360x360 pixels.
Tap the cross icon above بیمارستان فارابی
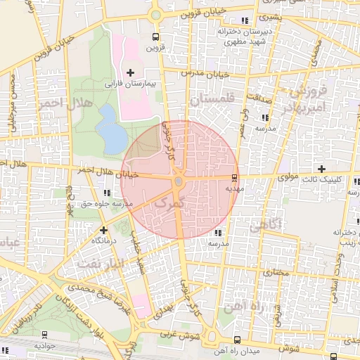coord(130,72)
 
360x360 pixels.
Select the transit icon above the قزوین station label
coord(155,37)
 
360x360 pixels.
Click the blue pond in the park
coord(110,127)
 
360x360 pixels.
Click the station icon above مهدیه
coord(234,178)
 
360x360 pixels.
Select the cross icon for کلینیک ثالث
coord(321,169)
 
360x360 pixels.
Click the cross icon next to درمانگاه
coord(104,229)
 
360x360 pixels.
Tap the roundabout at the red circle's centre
coord(179,182)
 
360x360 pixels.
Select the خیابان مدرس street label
coord(205,72)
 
